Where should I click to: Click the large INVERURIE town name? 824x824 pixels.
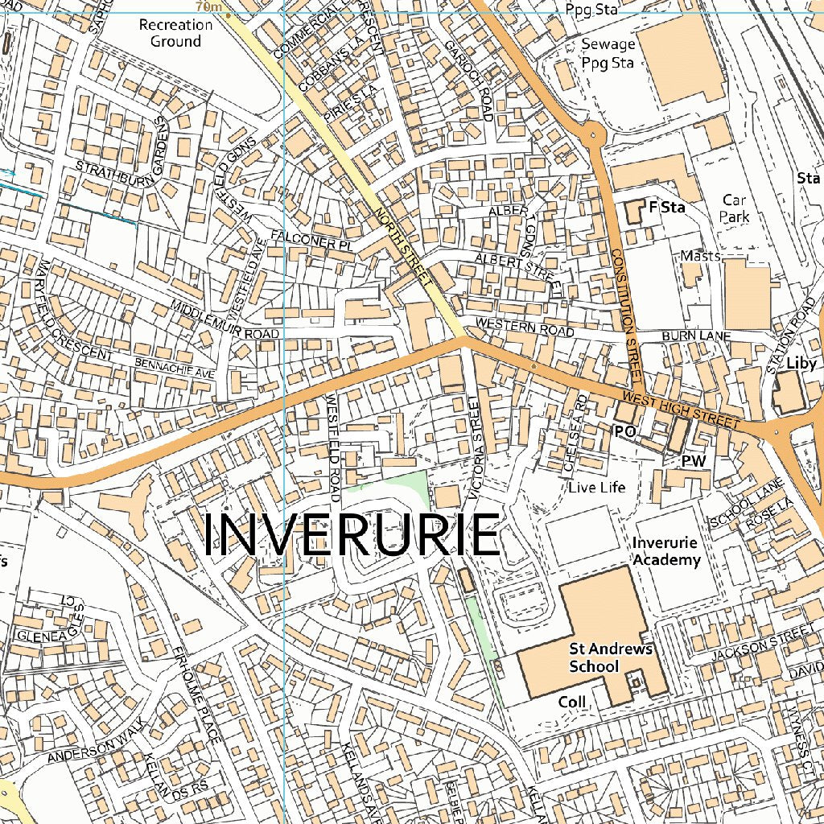(x=352, y=535)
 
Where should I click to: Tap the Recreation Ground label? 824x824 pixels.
(x=175, y=33)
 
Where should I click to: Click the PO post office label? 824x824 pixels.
(x=625, y=432)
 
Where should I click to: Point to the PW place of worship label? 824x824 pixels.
(x=693, y=461)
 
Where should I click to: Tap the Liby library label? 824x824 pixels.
(x=801, y=363)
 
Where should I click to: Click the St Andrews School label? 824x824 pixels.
(x=599, y=657)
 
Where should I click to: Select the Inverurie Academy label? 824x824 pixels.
(x=666, y=551)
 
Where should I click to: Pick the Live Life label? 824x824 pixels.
(x=596, y=488)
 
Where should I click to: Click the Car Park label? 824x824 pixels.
(x=735, y=208)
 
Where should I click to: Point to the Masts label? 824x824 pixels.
(x=700, y=255)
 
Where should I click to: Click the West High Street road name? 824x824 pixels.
(x=681, y=410)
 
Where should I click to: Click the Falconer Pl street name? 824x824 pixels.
(x=302, y=238)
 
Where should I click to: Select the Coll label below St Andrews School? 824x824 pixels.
(x=572, y=702)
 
